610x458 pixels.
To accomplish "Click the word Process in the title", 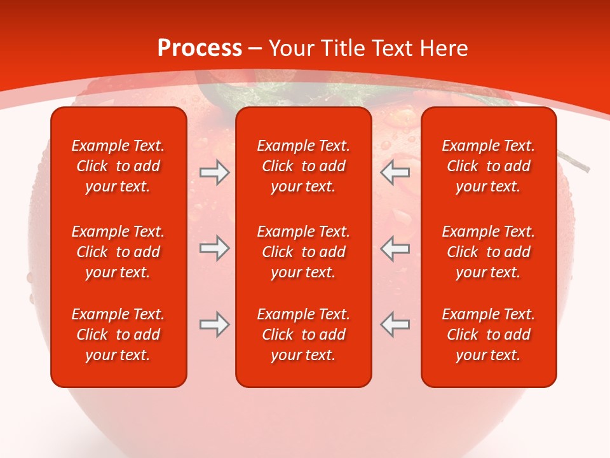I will coord(200,48).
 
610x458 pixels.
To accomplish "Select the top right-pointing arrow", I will coord(214,172).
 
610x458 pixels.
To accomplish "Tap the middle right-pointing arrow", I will coord(214,249).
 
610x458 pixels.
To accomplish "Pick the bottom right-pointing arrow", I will coord(214,324).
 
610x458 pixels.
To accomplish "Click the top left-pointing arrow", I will coord(395,172).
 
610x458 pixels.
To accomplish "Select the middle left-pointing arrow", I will coord(395,249).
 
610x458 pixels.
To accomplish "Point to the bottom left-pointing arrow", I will coord(395,324).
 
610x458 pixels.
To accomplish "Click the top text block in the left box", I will coord(118,166).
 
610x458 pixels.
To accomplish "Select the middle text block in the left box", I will coord(118,252).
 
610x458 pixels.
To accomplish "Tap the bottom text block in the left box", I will coord(118,335).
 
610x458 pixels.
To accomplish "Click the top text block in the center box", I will coord(303,166).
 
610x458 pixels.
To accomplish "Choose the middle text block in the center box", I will coord(303,252).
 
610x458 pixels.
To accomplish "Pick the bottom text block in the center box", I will coord(303,335).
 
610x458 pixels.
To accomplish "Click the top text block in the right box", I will coord(488,166).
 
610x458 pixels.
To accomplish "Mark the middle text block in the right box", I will coord(488,252).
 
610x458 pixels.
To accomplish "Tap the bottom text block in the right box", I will coord(488,335).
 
